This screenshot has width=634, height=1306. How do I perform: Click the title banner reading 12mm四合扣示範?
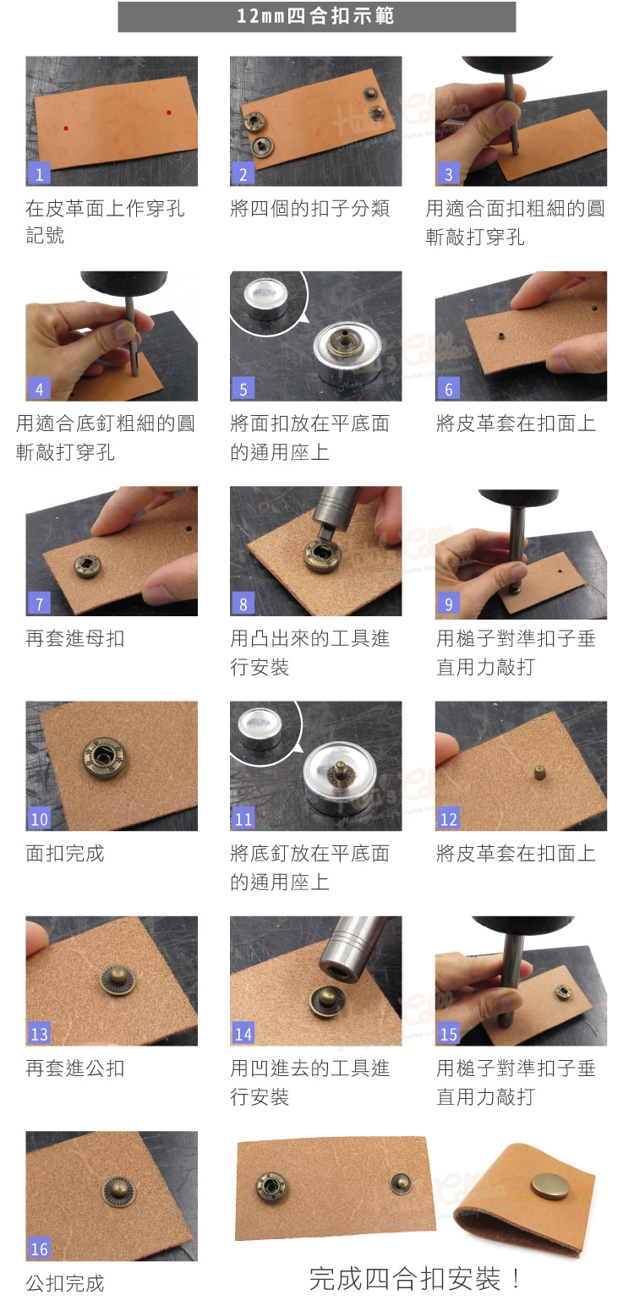pos(317,16)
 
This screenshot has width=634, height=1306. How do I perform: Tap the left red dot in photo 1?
pos(66,128)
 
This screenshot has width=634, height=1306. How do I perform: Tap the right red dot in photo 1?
pos(168,112)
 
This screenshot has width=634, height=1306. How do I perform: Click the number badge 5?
pos(243,389)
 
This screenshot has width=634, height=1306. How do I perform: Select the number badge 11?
pos(243,818)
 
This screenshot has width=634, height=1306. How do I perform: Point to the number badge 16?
pos(39,1249)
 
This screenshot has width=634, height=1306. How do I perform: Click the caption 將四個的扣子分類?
pos(309,208)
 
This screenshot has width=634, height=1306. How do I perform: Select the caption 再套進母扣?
pos(75,638)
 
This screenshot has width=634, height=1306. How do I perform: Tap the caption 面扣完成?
pos(65,854)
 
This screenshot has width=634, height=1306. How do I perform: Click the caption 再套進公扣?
pos(75,1068)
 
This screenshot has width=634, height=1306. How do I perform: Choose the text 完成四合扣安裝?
pos(415,1279)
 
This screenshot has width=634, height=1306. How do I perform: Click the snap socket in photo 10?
pos(103,757)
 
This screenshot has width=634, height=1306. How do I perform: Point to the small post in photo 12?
pos(540,773)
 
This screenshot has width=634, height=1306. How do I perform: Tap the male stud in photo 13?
pos(118,979)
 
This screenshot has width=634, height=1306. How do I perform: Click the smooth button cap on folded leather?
pos(551,1185)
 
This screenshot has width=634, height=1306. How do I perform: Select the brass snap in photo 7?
pos(87,566)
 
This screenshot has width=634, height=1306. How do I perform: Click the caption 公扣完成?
pos(65,1283)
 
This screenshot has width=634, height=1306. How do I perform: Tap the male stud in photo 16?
pos(118,1190)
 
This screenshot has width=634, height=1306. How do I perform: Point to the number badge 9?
pos(448,604)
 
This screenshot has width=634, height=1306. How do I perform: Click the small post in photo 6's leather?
pos(501,336)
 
